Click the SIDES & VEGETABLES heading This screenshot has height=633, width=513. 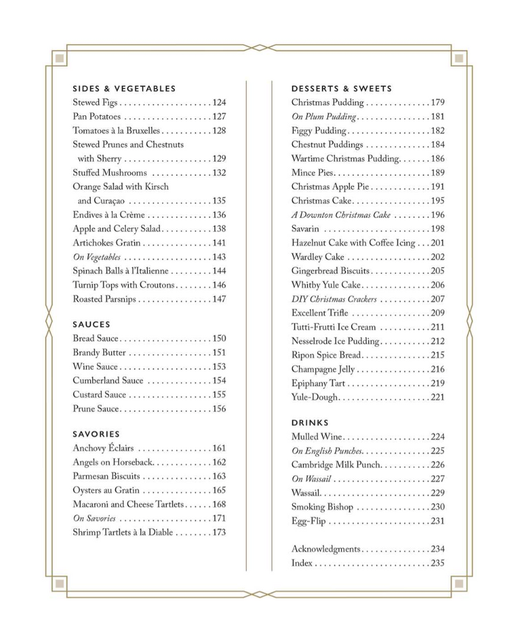tap(124, 89)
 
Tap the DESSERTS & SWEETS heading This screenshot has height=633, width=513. tap(342, 89)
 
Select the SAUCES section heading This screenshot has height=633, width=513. tap(92, 325)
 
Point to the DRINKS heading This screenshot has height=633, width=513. tap(310, 422)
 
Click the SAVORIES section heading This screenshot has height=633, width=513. tap(96, 434)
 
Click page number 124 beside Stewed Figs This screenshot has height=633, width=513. tap(219, 103)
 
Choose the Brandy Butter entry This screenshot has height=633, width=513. tap(99, 353)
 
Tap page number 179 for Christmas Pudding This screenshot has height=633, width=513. tap(437, 103)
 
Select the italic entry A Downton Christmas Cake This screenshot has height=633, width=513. tap(341, 215)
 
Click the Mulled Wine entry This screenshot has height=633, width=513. tap(316, 437)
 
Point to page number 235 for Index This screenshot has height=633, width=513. tap(437, 563)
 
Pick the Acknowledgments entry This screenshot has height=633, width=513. tap(326, 549)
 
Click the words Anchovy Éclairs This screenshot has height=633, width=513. tap(103, 448)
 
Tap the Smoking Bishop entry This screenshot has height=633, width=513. tap(322, 507)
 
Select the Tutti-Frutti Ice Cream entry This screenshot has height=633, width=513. tap(333, 327)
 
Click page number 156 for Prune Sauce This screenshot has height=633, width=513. tap(219, 409)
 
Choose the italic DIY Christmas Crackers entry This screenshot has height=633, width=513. tap(335, 299)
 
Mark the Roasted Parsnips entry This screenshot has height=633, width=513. tap(104, 299)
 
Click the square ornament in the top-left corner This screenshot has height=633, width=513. tap(60, 58)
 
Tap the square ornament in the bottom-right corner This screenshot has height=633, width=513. tap(459, 583)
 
